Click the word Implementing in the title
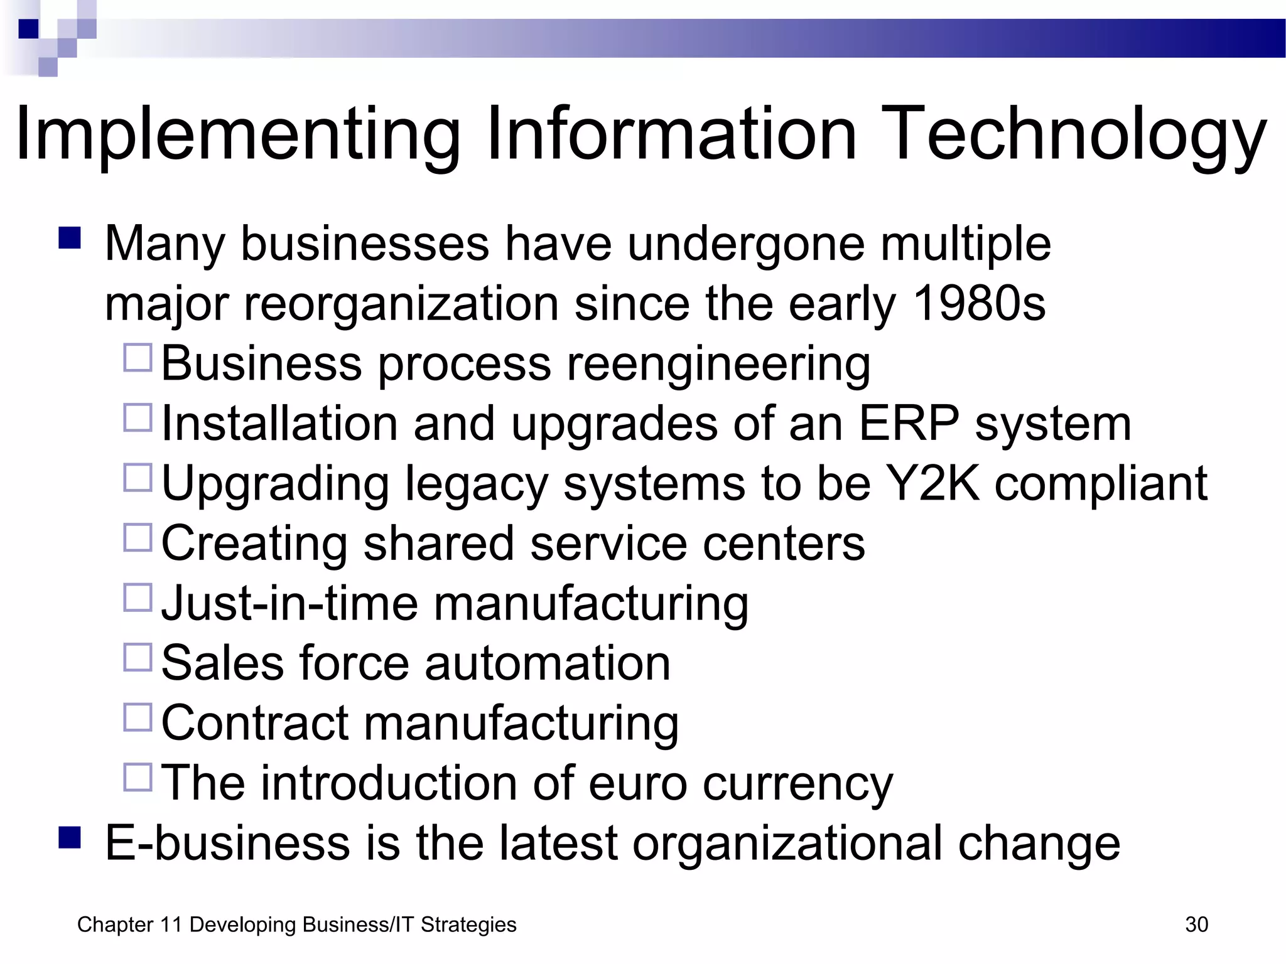(239, 135)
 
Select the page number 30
(1196, 924)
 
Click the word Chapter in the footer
(116, 924)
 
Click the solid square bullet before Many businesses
(70, 238)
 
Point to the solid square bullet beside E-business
(70, 837)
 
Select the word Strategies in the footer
(468, 924)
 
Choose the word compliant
(1101, 483)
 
